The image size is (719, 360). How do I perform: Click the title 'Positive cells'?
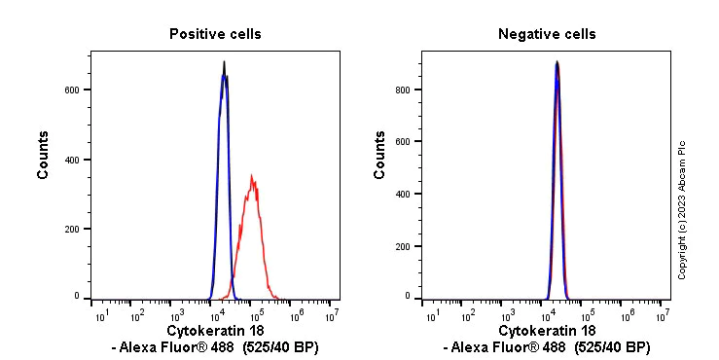[x=215, y=34]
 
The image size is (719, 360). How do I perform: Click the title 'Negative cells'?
[x=547, y=34]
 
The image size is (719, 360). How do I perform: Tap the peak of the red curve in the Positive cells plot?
[x=252, y=176]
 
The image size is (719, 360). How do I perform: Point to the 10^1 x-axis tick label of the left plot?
[x=99, y=316]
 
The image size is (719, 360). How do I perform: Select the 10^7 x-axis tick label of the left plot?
[x=333, y=316]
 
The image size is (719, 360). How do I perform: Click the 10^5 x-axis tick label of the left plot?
[x=255, y=316]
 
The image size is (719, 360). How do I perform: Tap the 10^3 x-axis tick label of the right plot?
[x=508, y=316]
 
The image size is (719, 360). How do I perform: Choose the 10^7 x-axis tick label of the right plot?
[x=663, y=316]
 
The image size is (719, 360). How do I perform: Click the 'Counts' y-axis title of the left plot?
[x=44, y=156]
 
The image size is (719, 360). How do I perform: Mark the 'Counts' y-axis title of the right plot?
[x=380, y=156]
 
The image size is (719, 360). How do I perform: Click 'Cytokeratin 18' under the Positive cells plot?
[x=215, y=332]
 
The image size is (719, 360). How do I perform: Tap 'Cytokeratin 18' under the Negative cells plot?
[x=547, y=332]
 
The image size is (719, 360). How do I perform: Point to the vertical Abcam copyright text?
[x=682, y=209]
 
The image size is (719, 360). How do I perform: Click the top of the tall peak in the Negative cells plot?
[x=557, y=62]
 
